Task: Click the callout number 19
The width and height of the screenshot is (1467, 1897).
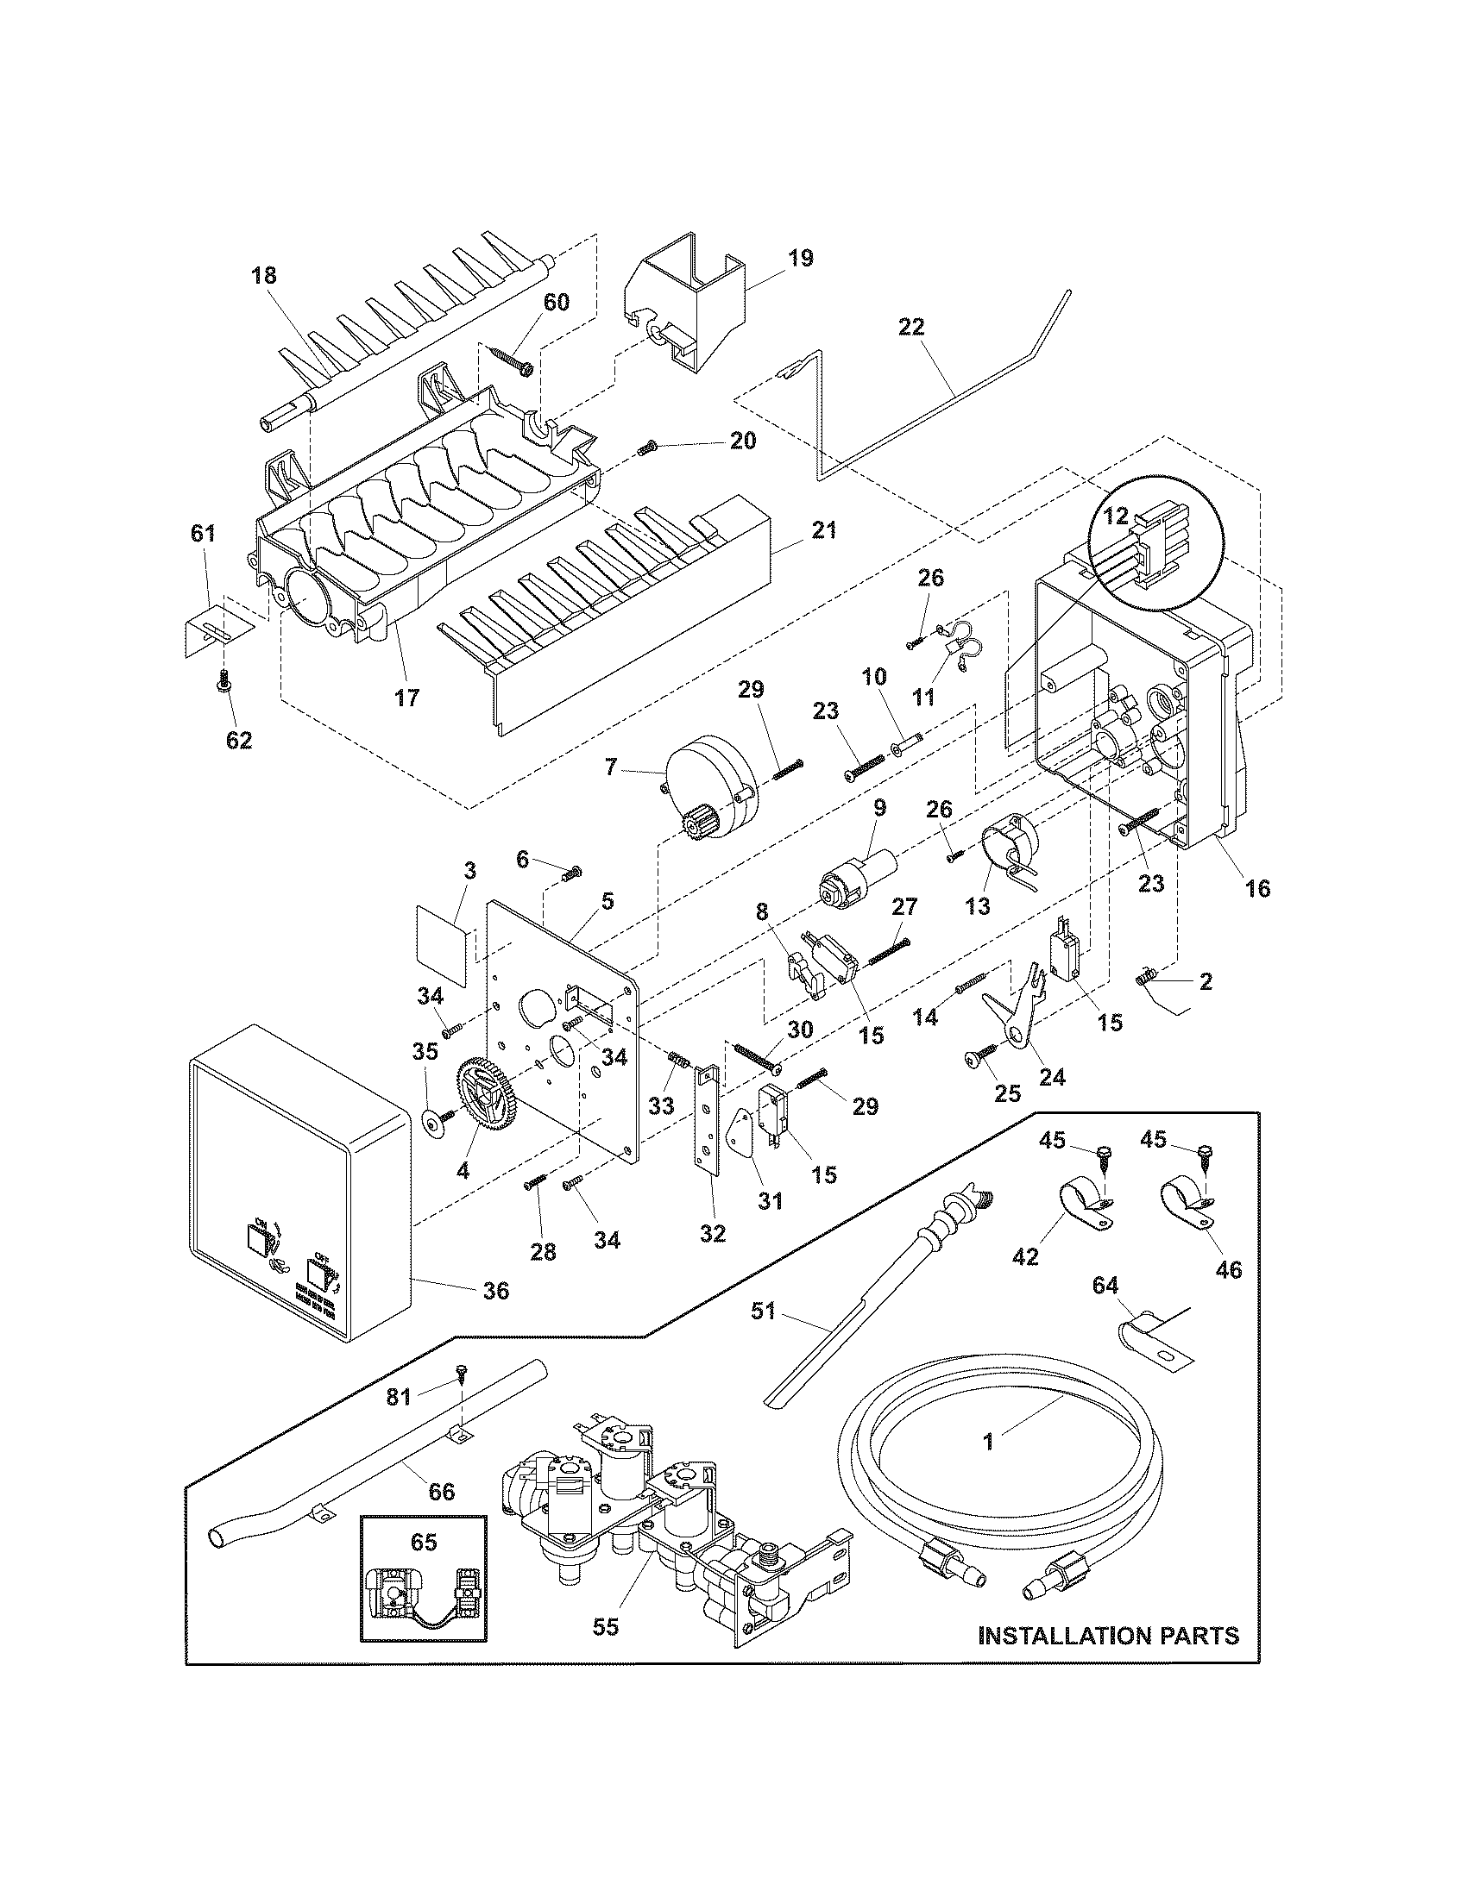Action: tap(801, 258)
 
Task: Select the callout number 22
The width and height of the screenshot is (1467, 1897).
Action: tap(911, 327)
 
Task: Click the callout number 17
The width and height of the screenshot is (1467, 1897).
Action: tap(406, 697)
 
